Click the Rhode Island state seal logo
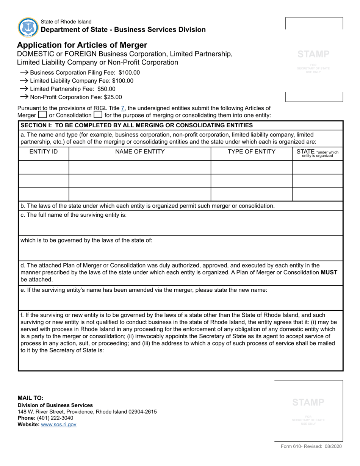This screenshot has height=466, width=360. click(x=28, y=27)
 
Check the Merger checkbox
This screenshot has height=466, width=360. click(x=42, y=115)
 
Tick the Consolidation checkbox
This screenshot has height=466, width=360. click(x=98, y=115)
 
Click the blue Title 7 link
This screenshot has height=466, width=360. click(x=122, y=108)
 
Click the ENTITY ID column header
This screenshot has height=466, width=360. click(x=44, y=152)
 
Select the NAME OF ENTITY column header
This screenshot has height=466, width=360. click(x=140, y=152)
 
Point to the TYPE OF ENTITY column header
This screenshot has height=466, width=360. click(x=251, y=152)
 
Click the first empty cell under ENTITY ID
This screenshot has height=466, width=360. click(x=44, y=167)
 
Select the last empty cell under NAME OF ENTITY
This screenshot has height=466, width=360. click(x=140, y=194)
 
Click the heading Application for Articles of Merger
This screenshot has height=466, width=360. click(x=82, y=45)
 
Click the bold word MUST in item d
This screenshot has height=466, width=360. click(x=329, y=272)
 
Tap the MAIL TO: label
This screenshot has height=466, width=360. click(x=31, y=398)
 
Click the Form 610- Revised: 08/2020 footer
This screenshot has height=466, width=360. click(x=311, y=447)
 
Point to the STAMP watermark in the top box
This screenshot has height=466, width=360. click(x=313, y=54)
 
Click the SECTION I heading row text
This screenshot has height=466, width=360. click(x=136, y=125)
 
